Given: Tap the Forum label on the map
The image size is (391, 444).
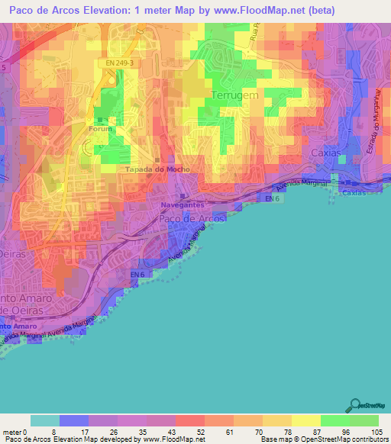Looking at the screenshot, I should [x=101, y=129].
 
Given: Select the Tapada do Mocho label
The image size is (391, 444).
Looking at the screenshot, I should [x=157, y=169].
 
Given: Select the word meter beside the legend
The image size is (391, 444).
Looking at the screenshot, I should [x=13, y=432].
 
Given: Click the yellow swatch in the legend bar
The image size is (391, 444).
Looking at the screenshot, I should [x=306, y=420].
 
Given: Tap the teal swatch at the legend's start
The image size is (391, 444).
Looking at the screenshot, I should [x=45, y=420].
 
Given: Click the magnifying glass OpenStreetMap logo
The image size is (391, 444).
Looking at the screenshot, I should [x=354, y=404].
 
